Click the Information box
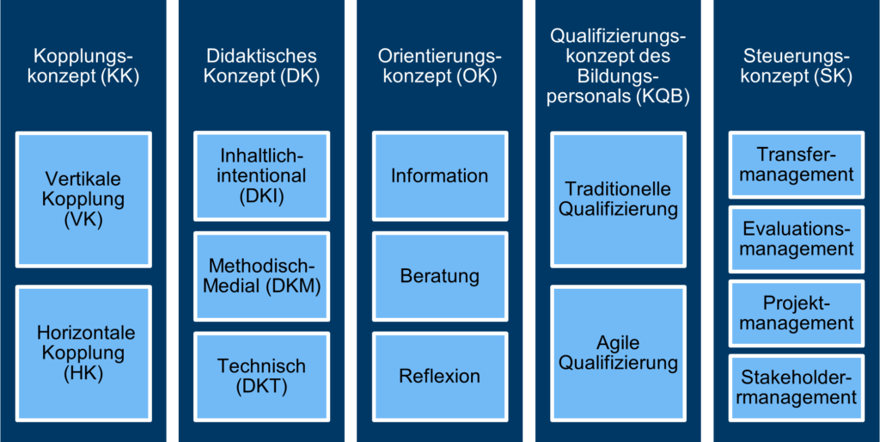point(440,175)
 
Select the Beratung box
point(440,276)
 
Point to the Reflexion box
point(440,376)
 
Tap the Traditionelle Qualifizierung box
point(618,199)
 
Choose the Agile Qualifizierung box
point(618,353)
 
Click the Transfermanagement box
point(797,164)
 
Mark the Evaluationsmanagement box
point(797,239)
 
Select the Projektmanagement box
point(797,314)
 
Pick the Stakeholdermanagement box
point(797,388)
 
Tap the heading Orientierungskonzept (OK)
point(440,66)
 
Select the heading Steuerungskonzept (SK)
point(797,66)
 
